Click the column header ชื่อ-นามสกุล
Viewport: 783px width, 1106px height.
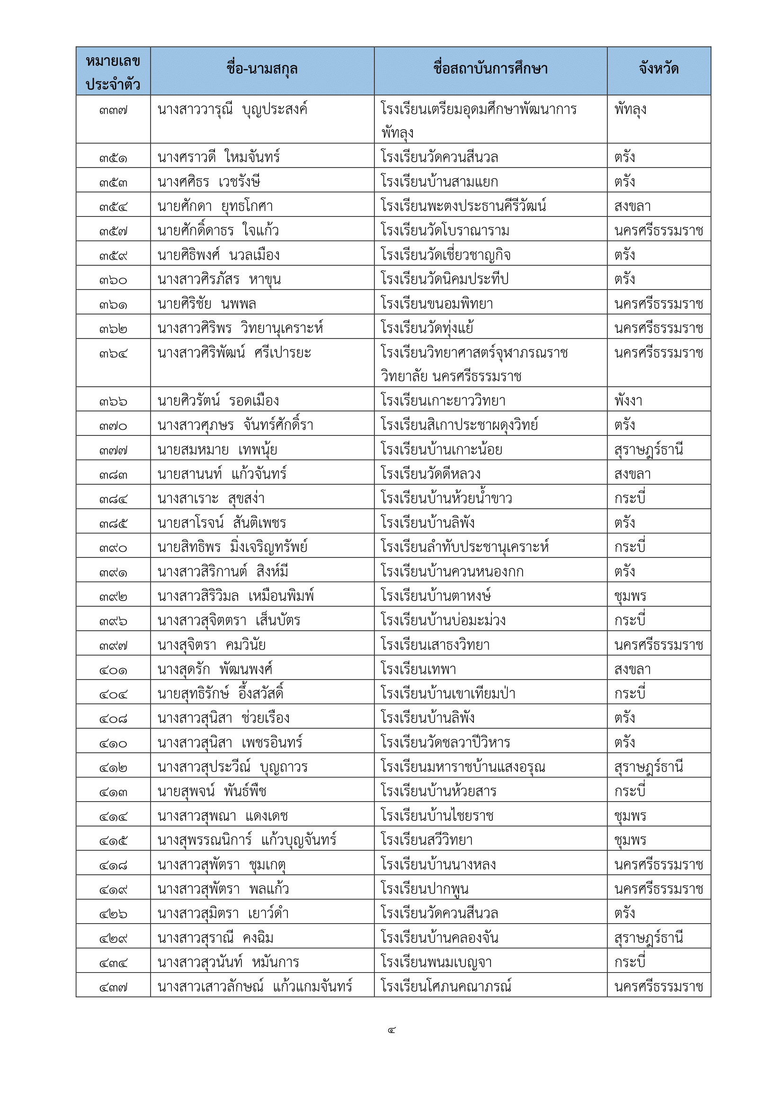coord(262,70)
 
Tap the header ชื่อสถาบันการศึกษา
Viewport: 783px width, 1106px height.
coord(490,70)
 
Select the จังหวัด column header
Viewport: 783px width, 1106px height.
coord(658,70)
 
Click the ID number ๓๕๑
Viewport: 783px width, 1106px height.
coord(113,158)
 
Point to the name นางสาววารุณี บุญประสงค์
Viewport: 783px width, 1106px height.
coord(232,110)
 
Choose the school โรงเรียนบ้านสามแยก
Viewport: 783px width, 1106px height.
coord(439,182)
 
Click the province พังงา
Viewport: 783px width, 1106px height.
coord(628,401)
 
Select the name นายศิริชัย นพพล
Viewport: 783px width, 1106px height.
coord(207,304)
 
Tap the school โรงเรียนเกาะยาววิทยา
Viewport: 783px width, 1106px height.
coord(443,401)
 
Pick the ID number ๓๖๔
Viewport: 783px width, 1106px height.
coord(113,354)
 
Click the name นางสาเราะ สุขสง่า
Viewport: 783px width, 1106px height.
coord(211,498)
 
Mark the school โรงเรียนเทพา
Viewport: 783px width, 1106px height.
coord(418,670)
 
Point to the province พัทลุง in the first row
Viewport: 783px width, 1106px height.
coord(630,110)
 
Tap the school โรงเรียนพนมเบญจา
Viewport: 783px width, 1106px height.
coord(436,962)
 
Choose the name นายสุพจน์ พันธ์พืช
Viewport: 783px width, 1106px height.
coord(212,792)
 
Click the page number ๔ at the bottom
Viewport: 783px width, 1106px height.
coord(391,1030)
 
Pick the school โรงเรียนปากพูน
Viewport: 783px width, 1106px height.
coord(424,889)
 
